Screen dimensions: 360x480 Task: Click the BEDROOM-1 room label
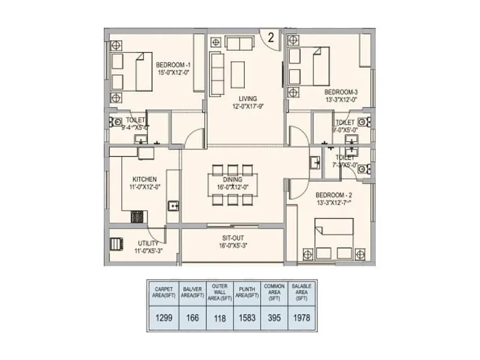coord(173,65)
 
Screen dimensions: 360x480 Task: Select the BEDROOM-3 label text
coord(341,92)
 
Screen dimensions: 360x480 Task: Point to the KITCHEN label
coord(145,179)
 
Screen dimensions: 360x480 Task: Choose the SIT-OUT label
coord(232,238)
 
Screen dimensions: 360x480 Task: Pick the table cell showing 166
coord(191,317)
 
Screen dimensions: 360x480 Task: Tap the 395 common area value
coord(274,317)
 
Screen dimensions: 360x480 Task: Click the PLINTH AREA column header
coord(247,292)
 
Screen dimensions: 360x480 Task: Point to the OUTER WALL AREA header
coord(219,292)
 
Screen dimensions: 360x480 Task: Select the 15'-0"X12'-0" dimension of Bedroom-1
coord(173,73)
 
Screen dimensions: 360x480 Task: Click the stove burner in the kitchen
coord(136,215)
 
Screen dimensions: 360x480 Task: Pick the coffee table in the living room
coord(238,73)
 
